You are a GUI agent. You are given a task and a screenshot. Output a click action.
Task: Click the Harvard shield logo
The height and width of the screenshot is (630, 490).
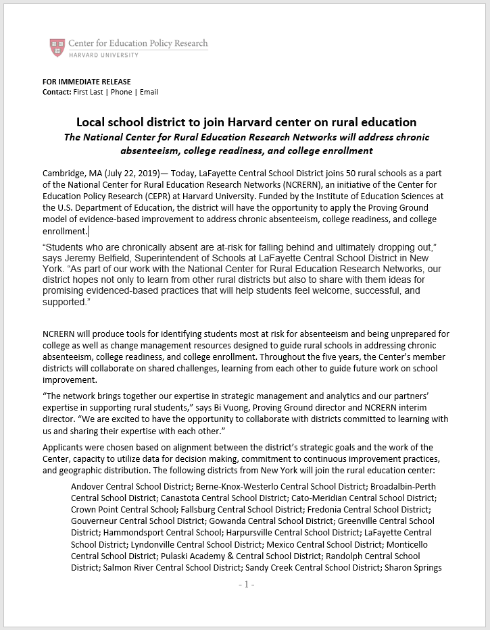point(57,47)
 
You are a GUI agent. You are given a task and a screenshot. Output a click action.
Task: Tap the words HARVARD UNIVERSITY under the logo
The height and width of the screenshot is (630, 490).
point(103,55)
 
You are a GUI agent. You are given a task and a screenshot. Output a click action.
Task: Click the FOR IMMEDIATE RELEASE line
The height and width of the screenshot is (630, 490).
point(87,82)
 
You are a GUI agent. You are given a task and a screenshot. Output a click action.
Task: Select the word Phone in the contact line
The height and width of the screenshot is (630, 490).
point(122,92)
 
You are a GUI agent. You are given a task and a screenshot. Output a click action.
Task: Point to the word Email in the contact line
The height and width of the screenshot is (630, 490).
point(149,92)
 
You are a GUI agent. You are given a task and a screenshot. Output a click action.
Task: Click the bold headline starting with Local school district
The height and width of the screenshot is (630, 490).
point(246,122)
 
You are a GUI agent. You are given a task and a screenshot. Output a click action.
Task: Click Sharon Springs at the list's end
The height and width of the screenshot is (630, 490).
point(413,567)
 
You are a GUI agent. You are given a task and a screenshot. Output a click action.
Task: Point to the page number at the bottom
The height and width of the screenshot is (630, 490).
point(246,584)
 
